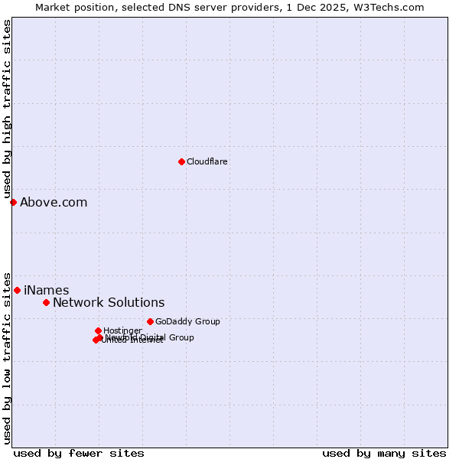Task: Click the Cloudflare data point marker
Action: click(x=181, y=161)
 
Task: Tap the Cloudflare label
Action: click(x=207, y=161)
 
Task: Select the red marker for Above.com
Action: click(x=13, y=202)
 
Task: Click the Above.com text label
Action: click(x=54, y=203)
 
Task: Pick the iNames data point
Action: click(x=17, y=290)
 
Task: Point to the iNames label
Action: click(x=46, y=291)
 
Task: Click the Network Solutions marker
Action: click(x=46, y=302)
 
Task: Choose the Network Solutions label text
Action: click(x=109, y=303)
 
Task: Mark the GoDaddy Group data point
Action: click(x=150, y=321)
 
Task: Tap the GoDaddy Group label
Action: click(x=187, y=321)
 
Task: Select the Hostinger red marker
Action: click(x=98, y=330)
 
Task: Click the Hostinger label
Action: click(x=122, y=330)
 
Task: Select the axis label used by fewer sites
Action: click(x=79, y=453)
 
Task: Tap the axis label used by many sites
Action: click(x=384, y=453)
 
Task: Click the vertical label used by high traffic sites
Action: click(x=7, y=109)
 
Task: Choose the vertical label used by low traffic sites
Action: click(x=7, y=357)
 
